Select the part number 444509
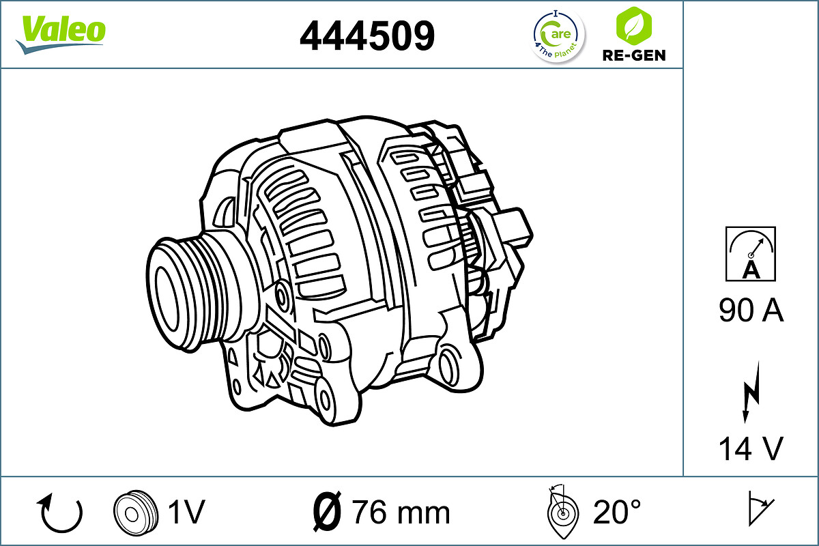[367, 35]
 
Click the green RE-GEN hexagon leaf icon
[633, 25]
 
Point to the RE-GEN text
[633, 55]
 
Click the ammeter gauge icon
[751, 254]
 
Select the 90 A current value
[751, 311]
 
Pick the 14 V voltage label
[751, 448]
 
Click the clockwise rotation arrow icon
[61, 513]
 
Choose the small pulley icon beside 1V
[132, 511]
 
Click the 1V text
[186, 511]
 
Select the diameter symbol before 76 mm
[327, 511]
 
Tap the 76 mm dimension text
[401, 511]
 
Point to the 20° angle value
[616, 511]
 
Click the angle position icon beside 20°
[562, 511]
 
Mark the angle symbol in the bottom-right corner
[759, 508]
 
